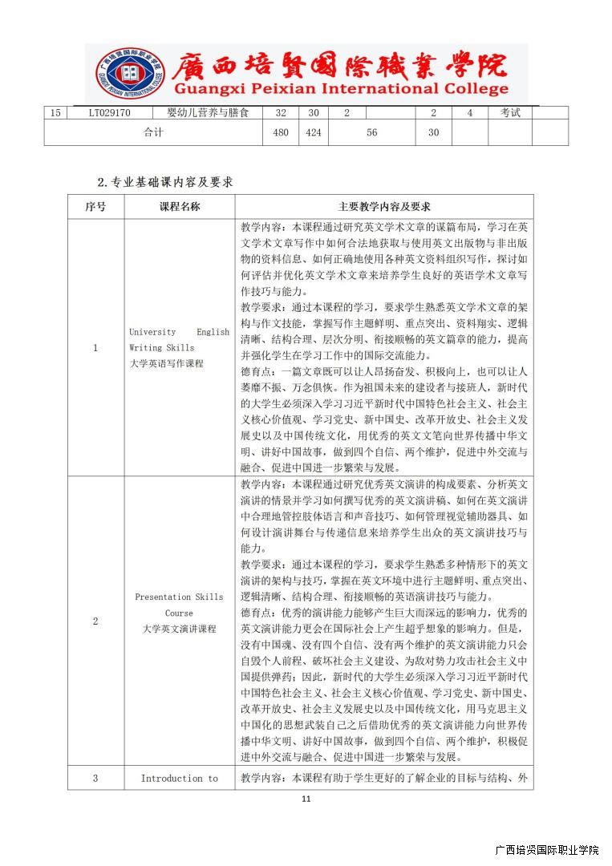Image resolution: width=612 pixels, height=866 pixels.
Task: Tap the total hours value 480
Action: (281, 133)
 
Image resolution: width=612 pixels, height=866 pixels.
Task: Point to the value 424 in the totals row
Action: (314, 133)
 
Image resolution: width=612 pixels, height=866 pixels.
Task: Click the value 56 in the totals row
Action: (371, 133)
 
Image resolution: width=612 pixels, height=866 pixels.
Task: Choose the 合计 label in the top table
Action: (153, 133)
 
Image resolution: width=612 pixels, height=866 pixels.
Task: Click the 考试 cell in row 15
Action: (510, 113)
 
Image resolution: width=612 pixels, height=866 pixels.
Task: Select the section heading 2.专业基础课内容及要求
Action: (165, 182)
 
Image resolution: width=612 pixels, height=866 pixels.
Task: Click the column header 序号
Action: (95, 207)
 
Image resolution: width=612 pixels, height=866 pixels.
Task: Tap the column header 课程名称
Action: (180, 207)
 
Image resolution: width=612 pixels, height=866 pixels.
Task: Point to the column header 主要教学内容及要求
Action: (384, 207)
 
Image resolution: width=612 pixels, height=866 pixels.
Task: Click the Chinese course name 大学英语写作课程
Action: (167, 363)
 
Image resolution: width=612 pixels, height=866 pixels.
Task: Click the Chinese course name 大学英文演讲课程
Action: (180, 629)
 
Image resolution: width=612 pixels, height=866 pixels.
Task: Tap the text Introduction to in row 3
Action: (180, 779)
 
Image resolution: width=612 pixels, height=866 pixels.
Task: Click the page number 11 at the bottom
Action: (306, 799)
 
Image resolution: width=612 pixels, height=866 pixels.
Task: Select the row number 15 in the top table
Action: (55, 113)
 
